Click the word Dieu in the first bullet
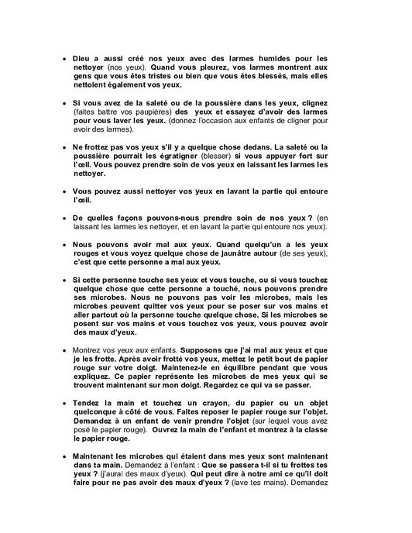[x=84, y=58]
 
